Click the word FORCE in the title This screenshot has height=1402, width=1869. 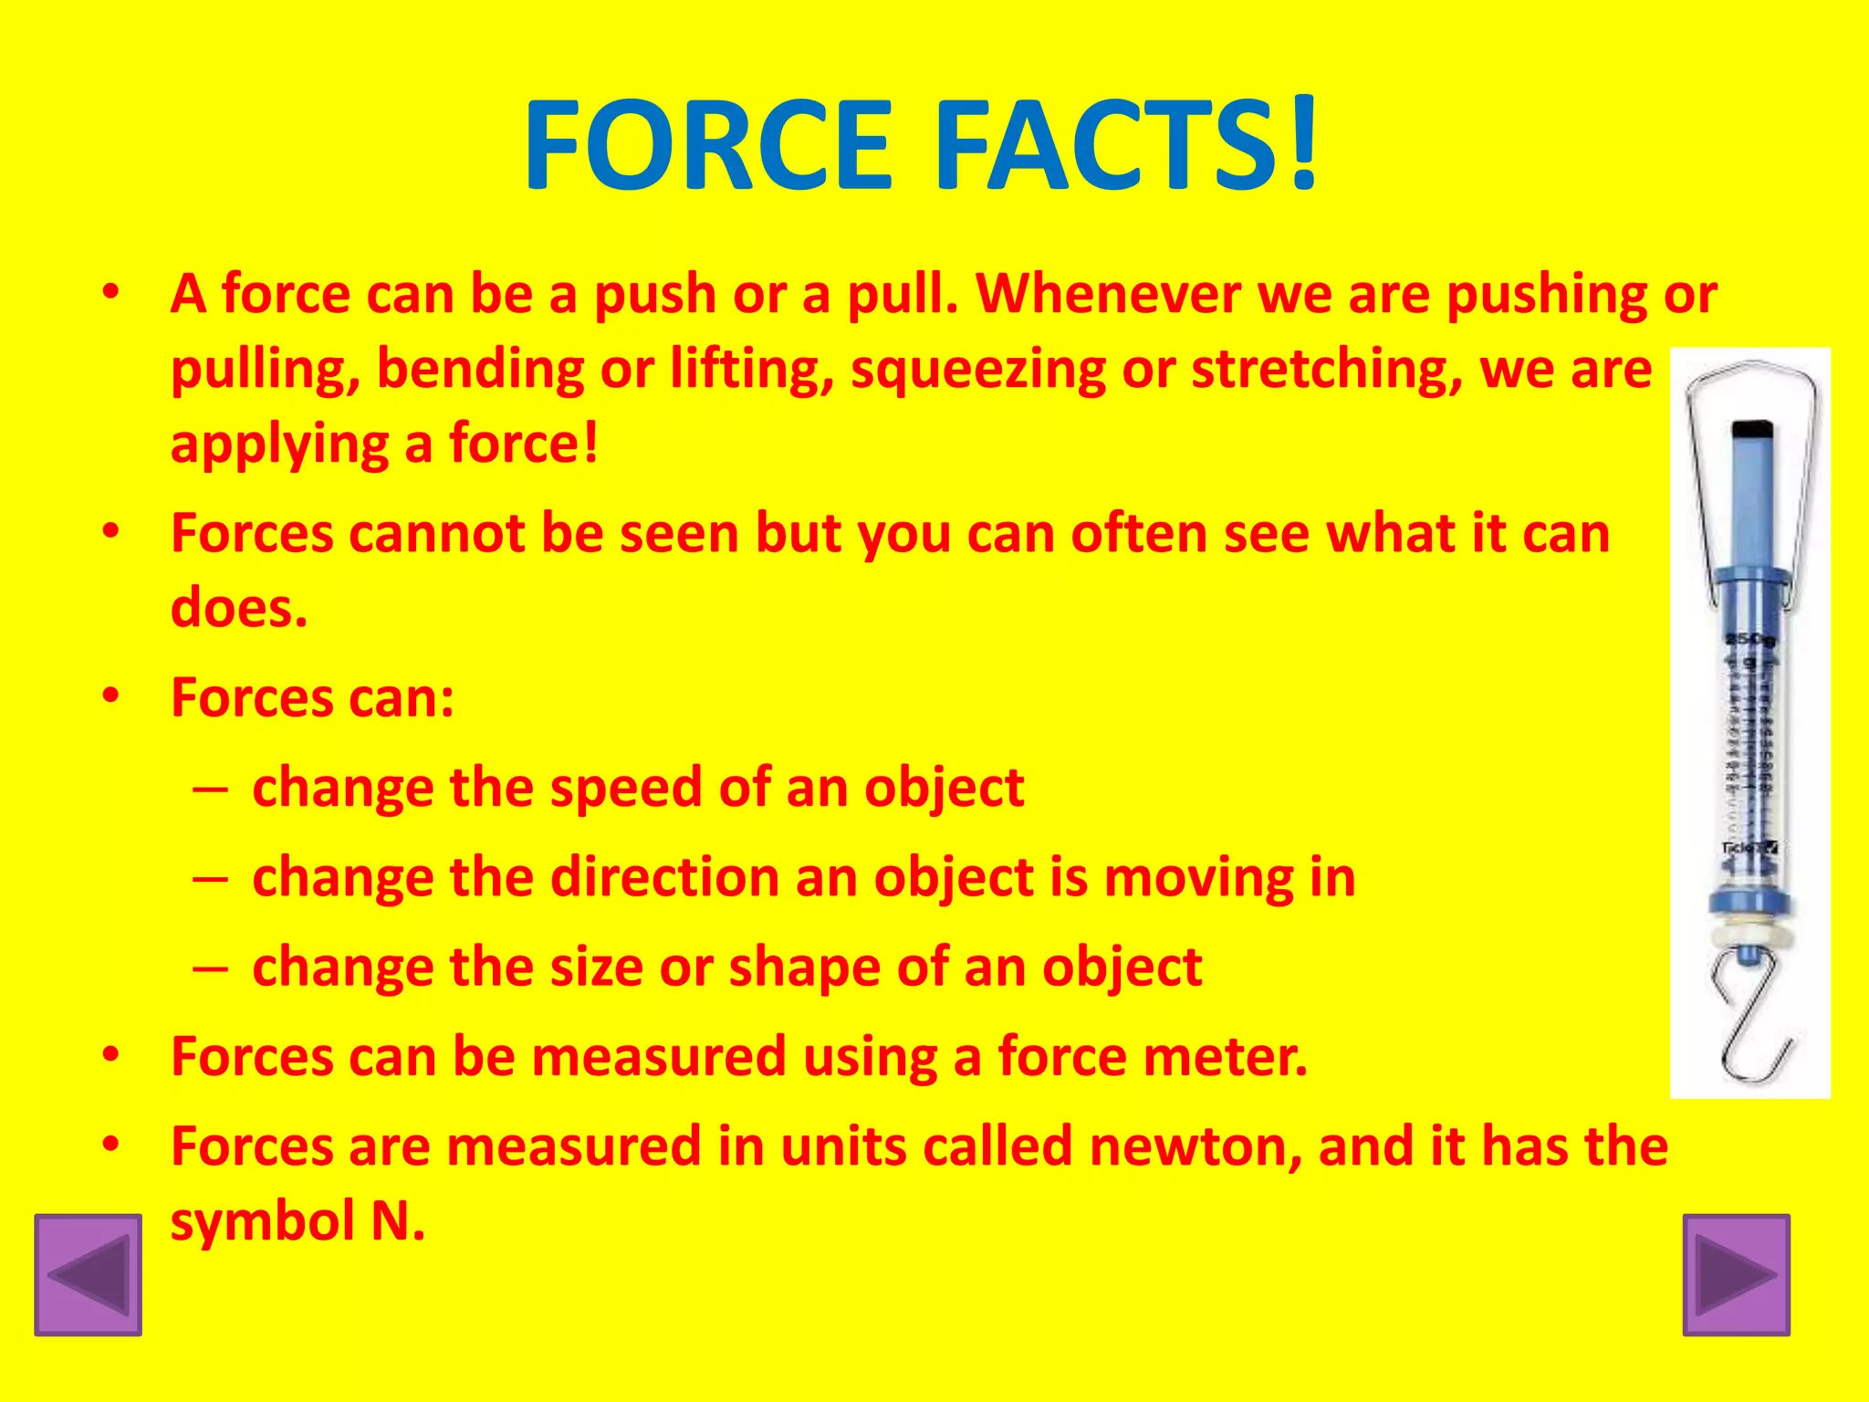point(708,146)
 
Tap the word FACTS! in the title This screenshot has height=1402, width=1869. point(1126,146)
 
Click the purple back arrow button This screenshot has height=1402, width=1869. point(89,1274)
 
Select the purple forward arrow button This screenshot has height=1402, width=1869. point(1736,1274)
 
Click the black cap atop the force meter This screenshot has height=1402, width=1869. point(1752,430)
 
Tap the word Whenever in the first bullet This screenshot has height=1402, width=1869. point(1108,295)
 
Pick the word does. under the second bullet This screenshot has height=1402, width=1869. point(239,608)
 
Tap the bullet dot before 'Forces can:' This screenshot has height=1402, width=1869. point(111,696)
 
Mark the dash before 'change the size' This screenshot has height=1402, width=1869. point(210,968)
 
